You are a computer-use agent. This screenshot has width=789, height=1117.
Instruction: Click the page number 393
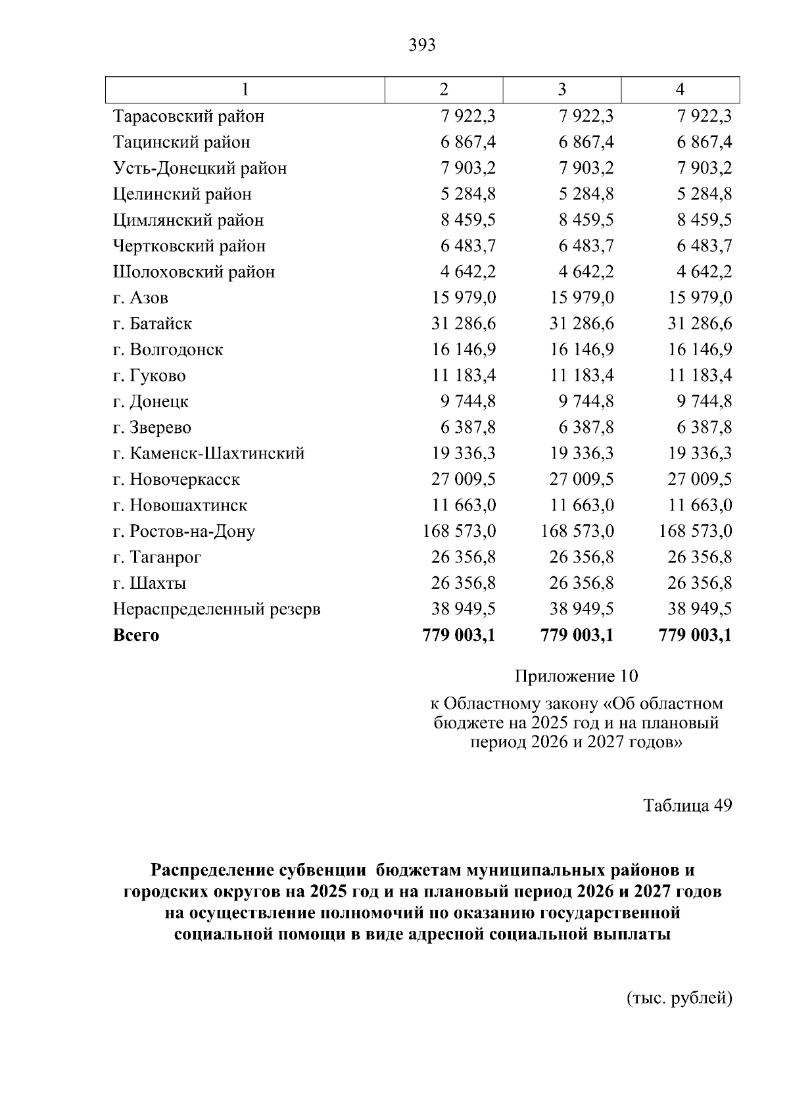point(421,45)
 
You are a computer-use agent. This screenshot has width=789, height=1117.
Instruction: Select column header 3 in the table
point(562,89)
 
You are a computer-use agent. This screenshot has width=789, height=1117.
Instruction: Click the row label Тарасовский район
point(189,116)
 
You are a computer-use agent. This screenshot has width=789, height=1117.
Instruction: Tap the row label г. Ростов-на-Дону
point(183,532)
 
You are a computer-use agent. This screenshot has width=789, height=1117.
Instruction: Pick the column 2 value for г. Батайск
point(464,324)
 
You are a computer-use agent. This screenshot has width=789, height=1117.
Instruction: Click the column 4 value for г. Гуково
point(700,376)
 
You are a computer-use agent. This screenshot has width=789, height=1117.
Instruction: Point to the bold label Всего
point(136,635)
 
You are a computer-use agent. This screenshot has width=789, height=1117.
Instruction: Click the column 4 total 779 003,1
point(695,635)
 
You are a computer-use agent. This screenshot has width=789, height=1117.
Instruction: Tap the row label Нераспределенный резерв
point(216,609)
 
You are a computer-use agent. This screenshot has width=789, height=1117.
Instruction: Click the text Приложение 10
point(576,676)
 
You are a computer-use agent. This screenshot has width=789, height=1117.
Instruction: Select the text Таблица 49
point(687,806)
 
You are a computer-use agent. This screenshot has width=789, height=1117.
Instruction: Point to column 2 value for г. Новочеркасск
point(464,480)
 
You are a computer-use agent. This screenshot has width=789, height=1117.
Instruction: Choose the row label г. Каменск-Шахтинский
point(208,453)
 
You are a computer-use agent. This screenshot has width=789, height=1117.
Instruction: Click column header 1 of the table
point(245,89)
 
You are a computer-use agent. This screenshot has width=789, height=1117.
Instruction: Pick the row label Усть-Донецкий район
point(200,168)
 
